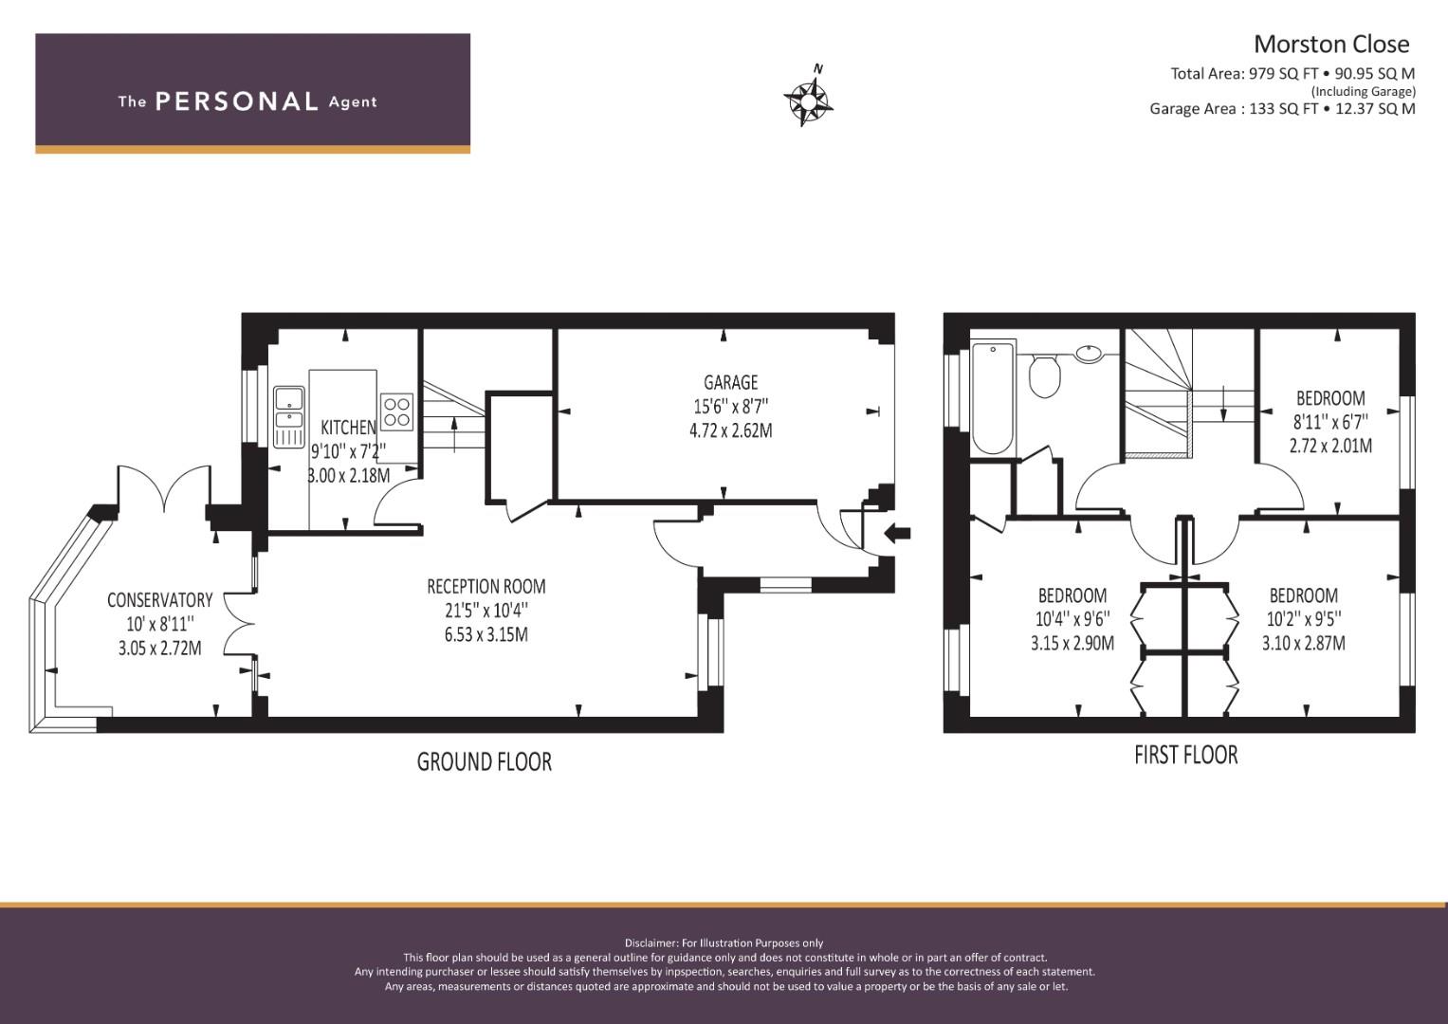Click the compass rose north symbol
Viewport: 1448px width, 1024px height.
(x=808, y=97)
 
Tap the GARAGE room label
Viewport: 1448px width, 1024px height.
(x=730, y=382)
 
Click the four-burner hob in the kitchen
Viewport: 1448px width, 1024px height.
(x=396, y=410)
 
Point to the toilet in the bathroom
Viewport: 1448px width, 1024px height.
(x=1044, y=376)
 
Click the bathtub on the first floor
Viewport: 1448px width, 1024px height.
(x=993, y=399)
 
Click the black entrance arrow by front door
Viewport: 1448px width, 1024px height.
(x=897, y=533)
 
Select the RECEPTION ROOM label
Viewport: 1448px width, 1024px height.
(x=486, y=586)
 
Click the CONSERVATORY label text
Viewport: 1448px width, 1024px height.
(x=159, y=599)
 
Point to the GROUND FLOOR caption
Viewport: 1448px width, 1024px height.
(x=484, y=761)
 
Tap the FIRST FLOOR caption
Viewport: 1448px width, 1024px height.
(x=1185, y=755)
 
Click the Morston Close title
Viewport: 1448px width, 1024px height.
(x=1330, y=44)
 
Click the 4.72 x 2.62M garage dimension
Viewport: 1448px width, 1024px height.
(x=730, y=430)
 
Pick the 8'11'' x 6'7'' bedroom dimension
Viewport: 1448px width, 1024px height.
(x=1330, y=422)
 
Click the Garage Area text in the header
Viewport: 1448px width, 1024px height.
(x=1281, y=108)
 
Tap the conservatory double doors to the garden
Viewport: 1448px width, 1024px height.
(x=164, y=487)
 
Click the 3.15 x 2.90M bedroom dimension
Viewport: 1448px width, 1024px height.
(x=1072, y=643)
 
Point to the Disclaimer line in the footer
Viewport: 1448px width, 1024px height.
(x=724, y=942)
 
